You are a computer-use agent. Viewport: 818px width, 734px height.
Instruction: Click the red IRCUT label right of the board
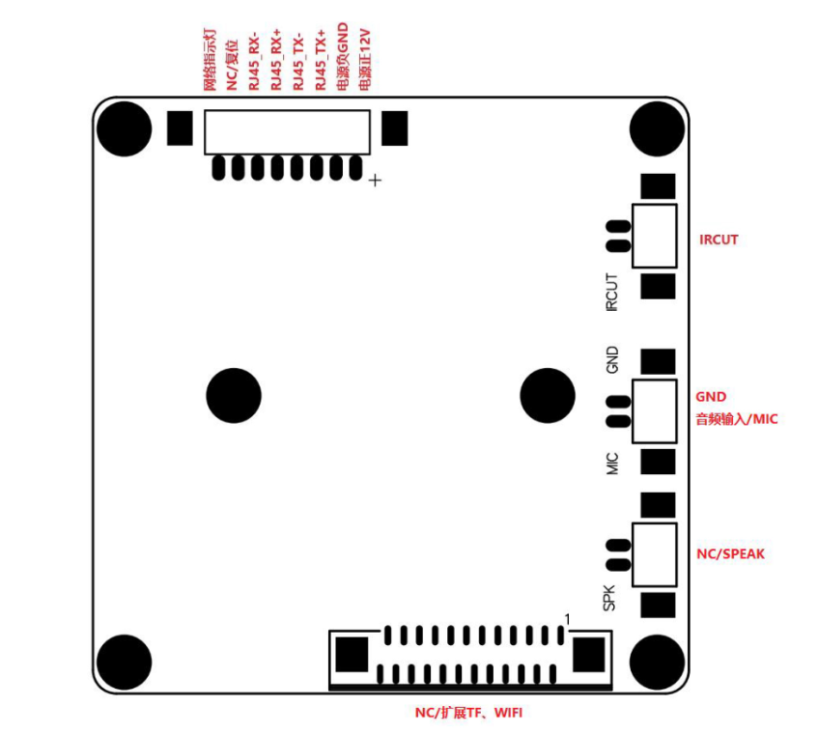[x=719, y=239]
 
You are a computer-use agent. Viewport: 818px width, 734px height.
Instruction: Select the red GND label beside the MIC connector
[x=711, y=396]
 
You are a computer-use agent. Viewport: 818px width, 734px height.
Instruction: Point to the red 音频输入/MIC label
[x=736, y=419]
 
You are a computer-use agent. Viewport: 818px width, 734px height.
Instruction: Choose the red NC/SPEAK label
[x=731, y=554]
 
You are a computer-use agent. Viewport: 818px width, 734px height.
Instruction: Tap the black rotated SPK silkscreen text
[x=610, y=598]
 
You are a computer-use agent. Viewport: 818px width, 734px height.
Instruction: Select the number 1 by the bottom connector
[x=569, y=618]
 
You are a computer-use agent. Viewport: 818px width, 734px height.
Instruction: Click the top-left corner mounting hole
[x=124, y=127]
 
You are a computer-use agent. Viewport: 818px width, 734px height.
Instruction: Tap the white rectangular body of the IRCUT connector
[x=655, y=236]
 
